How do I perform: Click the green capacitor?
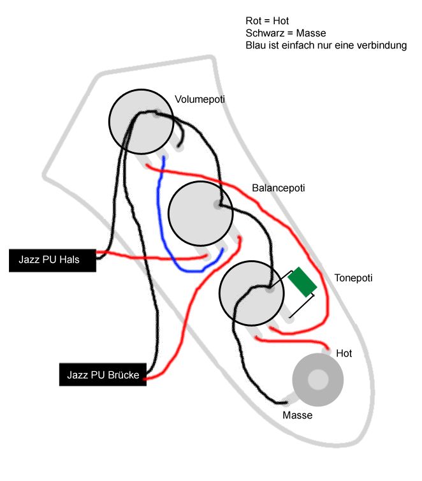pyautogui.click(x=302, y=281)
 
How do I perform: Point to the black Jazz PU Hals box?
pyautogui.click(x=52, y=260)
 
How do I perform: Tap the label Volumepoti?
pyautogui.click(x=200, y=100)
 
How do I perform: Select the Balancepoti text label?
pyautogui.click(x=279, y=188)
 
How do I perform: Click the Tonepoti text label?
pyautogui.click(x=353, y=278)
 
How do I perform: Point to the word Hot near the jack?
pyautogui.click(x=344, y=353)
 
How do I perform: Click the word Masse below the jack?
pyautogui.click(x=297, y=415)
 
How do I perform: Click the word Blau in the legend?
pyautogui.click(x=255, y=45)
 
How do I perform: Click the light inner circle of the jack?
pyautogui.click(x=317, y=380)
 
